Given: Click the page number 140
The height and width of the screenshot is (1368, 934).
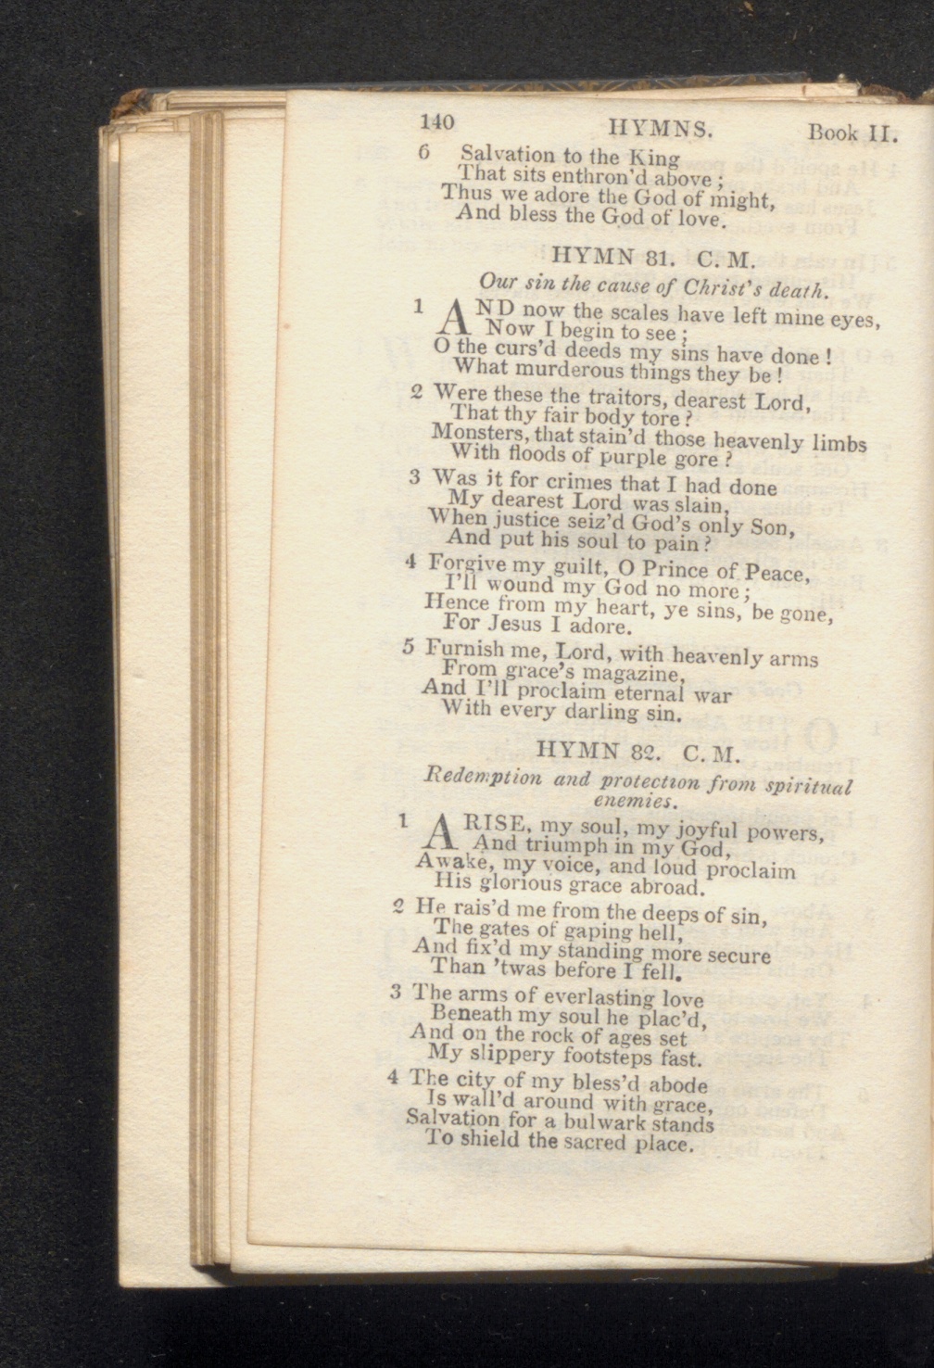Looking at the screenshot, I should [436, 122].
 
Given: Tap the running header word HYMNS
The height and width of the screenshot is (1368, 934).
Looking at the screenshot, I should [661, 128].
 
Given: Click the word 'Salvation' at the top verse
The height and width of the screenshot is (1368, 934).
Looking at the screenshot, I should [506, 154].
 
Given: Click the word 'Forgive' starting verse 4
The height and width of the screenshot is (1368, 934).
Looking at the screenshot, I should [466, 564].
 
